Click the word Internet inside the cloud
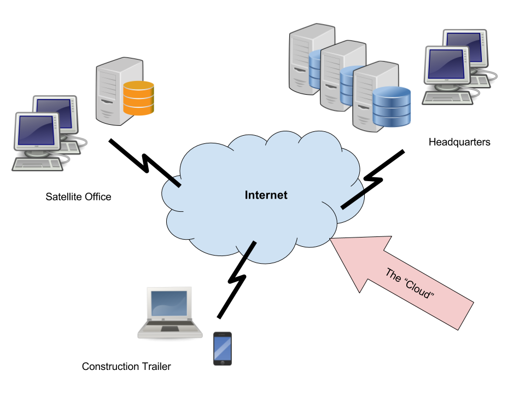[x=266, y=195]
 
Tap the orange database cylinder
[x=138, y=98]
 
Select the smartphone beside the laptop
[x=222, y=348]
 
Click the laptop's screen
[x=170, y=304]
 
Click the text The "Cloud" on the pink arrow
[x=410, y=283]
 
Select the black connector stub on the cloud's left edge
[x=175, y=183]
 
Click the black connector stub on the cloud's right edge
[x=352, y=201]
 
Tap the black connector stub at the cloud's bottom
[x=249, y=249]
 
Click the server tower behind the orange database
[x=112, y=90]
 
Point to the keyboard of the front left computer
[x=38, y=164]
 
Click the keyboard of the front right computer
[x=447, y=97]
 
